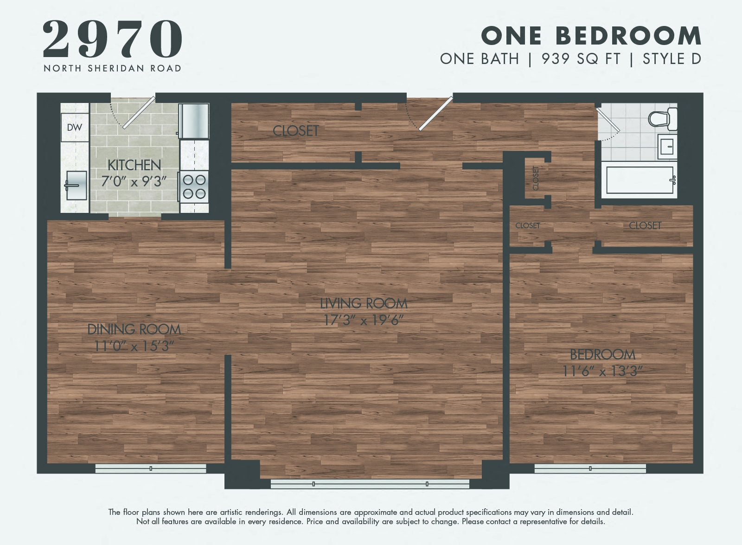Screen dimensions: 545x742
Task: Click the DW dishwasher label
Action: pos(75,127)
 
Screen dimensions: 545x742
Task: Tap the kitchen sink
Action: pos(76,186)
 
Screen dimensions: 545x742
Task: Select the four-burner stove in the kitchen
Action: pos(194,186)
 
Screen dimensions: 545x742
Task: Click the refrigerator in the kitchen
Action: pos(194,121)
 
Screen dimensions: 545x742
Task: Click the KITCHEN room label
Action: pos(134,165)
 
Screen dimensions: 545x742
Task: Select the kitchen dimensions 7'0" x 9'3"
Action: pos(134,181)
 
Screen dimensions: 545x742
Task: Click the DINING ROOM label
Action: pos(134,329)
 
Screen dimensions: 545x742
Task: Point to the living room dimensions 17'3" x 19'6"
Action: pos(364,320)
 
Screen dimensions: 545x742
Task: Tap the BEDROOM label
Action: pos(602,355)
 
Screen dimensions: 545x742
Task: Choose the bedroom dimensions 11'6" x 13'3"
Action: pos(602,371)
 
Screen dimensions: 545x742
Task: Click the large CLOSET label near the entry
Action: pos(296,131)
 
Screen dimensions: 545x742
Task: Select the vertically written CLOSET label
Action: pos(536,178)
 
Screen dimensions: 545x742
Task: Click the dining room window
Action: pos(151,468)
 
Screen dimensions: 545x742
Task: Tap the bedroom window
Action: pos(590,468)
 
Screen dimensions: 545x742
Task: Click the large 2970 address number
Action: pos(113,39)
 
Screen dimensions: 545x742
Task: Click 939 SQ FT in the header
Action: pos(581,59)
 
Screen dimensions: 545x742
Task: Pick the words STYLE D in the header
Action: pos(672,59)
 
